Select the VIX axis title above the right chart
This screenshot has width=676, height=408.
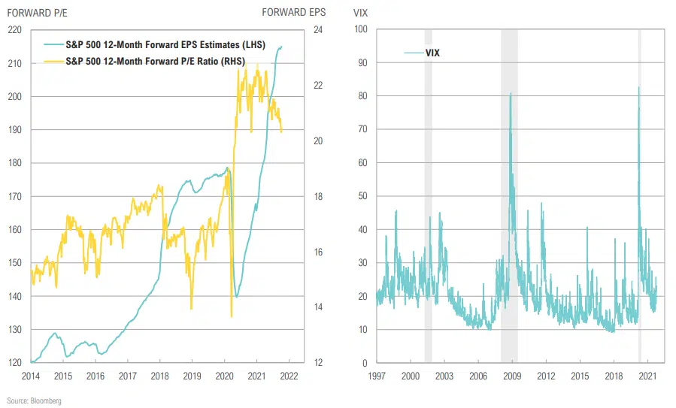tap(361, 12)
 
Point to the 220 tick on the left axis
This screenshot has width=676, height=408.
tap(14, 30)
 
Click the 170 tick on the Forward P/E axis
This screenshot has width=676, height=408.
tap(14, 196)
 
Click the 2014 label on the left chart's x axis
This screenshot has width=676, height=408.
tap(31, 375)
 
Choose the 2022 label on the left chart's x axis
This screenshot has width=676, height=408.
tap(289, 375)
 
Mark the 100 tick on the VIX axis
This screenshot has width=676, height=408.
tap(359, 30)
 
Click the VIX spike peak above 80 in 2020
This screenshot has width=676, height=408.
tap(638, 88)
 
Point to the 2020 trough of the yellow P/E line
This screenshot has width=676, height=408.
tap(231, 316)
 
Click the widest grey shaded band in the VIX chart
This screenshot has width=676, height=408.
tap(509, 195)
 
